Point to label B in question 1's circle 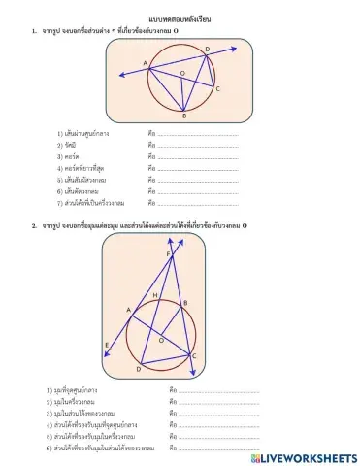(184, 116)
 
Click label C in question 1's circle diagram (217, 89)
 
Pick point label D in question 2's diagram (139, 369)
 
